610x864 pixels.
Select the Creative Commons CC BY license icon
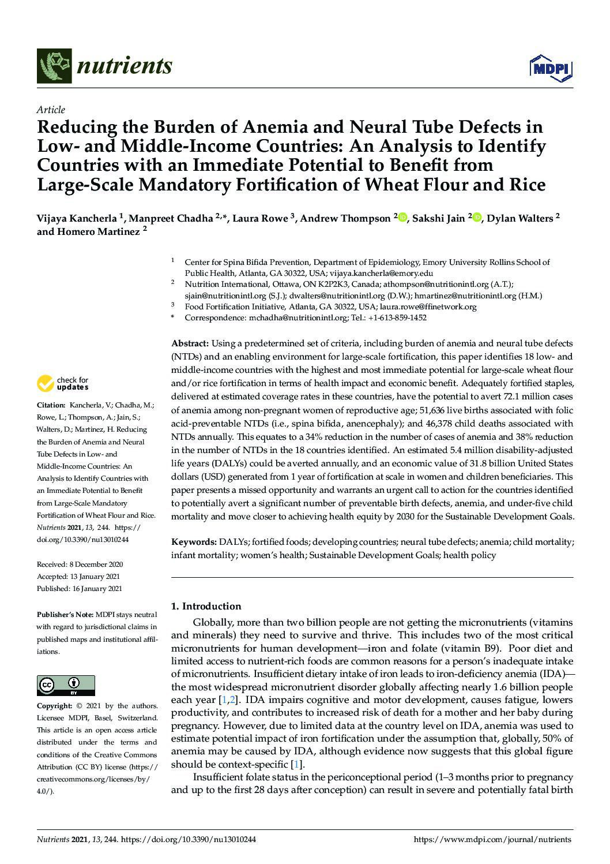[66, 685]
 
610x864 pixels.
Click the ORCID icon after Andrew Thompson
[402, 218]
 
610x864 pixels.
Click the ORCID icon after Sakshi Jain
[477, 218]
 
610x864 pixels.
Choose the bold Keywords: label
[194, 542]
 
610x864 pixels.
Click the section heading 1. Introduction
[206, 606]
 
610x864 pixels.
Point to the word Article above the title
[51, 110]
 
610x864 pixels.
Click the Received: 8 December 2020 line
[80, 564]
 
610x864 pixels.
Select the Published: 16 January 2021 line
[79, 589]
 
